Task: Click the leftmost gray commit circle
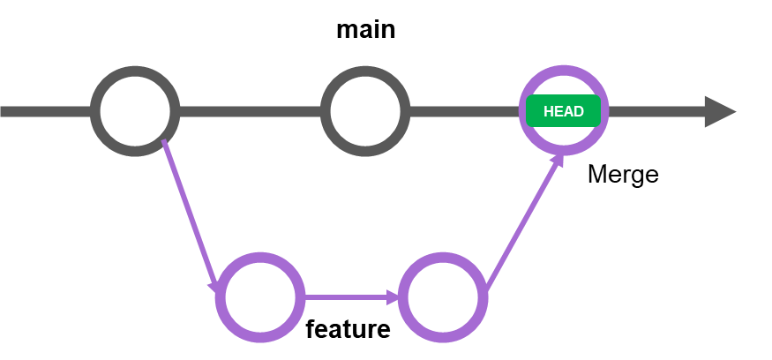(x=135, y=111)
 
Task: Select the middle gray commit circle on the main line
(x=365, y=111)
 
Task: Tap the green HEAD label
(x=563, y=111)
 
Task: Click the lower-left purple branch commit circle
(x=260, y=297)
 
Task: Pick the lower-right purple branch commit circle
(x=443, y=297)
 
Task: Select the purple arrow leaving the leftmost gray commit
(x=188, y=212)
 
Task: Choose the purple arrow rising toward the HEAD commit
(x=522, y=226)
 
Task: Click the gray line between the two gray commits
(x=250, y=111)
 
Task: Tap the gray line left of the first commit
(x=44, y=111)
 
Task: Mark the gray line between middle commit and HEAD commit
(x=463, y=111)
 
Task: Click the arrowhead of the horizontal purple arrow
(x=393, y=297)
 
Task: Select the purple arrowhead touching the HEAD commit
(x=558, y=160)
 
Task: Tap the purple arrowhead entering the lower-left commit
(x=214, y=287)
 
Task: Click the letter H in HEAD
(x=549, y=112)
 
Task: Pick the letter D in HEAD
(x=578, y=112)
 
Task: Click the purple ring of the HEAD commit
(x=564, y=70)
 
